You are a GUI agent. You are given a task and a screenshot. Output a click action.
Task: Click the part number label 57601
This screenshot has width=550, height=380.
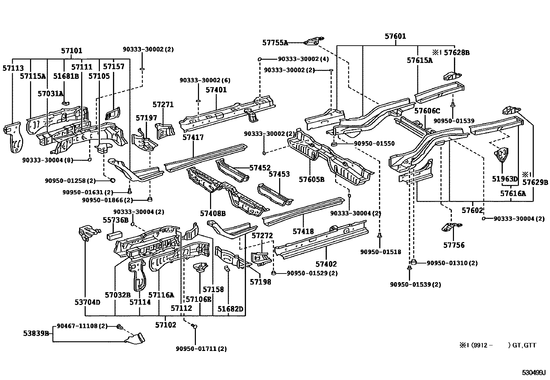tap(396, 36)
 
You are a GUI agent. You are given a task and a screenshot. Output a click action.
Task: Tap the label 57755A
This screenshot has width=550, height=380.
tap(275, 43)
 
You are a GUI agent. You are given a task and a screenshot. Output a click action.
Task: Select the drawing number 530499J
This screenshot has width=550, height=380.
tap(533, 373)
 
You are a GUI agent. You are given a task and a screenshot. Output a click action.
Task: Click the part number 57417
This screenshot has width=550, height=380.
tap(193, 137)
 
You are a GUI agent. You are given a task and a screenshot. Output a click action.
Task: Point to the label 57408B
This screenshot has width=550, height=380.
tap(212, 214)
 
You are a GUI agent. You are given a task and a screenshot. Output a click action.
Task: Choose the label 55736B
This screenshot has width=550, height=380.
tap(115, 220)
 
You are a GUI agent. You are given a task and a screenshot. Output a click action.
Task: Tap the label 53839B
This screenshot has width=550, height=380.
tap(36, 333)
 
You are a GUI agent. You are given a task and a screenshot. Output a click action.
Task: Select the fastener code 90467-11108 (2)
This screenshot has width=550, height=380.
tap(82, 326)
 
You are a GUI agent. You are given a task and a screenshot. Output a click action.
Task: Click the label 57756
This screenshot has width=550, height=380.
tap(454, 245)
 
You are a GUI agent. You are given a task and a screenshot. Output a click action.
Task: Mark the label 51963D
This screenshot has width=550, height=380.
tap(505, 179)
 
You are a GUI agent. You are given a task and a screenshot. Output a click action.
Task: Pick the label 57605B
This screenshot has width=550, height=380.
tap(312, 179)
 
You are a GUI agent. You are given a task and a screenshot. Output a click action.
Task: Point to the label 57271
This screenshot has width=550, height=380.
tap(163, 105)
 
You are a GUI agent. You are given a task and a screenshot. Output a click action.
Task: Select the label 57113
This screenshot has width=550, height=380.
tap(13, 68)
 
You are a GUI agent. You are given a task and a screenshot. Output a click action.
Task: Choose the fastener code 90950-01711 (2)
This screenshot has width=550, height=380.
tap(201, 349)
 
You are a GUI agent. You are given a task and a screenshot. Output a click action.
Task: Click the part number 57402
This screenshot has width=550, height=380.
tap(326, 264)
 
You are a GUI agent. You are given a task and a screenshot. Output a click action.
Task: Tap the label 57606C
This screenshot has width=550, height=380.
tap(427, 111)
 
